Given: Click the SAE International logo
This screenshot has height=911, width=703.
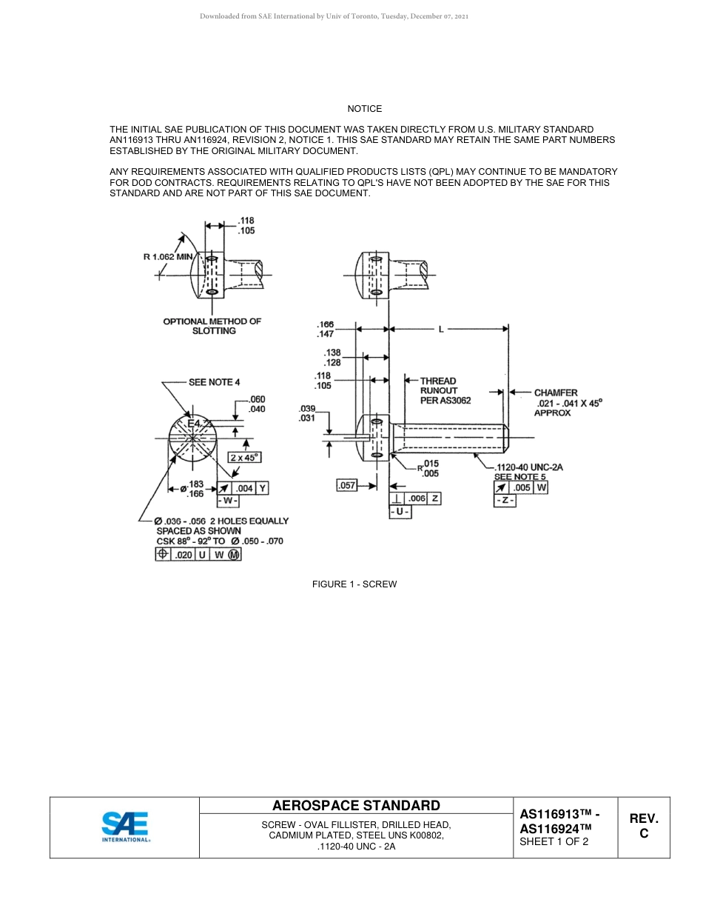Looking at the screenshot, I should (125, 827).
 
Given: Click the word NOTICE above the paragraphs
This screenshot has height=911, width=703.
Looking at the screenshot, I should (365, 109).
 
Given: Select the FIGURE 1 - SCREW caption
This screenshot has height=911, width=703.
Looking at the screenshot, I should (354, 584).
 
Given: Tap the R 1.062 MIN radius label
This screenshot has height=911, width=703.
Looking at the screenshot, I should (168, 257).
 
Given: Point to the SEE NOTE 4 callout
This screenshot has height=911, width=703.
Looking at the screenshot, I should (215, 382).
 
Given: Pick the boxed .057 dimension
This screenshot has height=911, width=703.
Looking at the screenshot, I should (346, 486).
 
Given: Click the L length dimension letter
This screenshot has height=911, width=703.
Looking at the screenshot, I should (441, 330).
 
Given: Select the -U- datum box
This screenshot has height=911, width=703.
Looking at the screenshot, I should (400, 512).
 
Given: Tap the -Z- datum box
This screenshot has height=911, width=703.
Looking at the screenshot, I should (505, 501).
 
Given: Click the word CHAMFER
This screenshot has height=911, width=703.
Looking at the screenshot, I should (556, 393).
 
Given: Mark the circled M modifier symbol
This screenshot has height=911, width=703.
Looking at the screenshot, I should (235, 555).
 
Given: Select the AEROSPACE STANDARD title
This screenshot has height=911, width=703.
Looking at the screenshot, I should (356, 806).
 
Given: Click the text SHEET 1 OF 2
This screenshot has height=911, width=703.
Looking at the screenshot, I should (554, 841).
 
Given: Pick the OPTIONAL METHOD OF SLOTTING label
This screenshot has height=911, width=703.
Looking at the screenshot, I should (212, 326).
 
